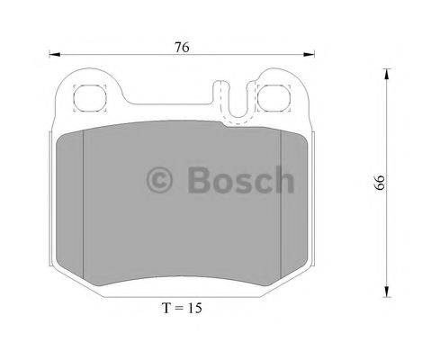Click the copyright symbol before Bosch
(x=161, y=181)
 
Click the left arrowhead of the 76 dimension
(x=49, y=55)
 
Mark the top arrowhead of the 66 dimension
(x=387, y=72)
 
